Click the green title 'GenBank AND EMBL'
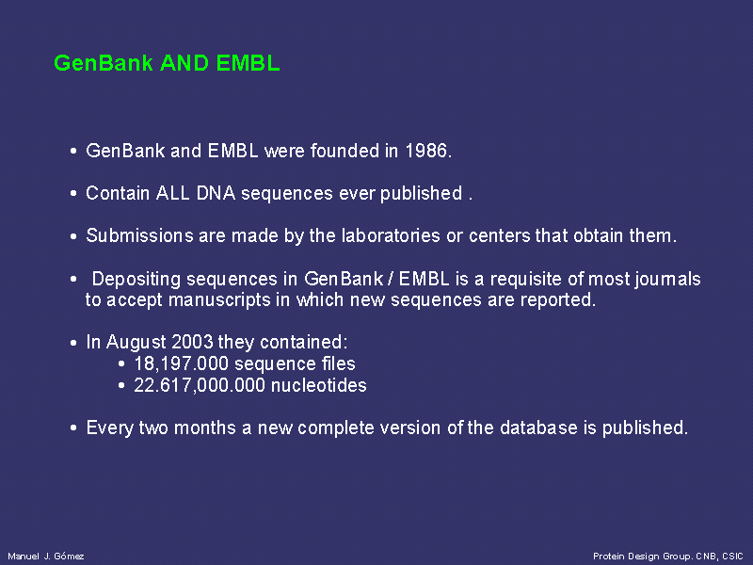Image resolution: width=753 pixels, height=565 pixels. click(167, 63)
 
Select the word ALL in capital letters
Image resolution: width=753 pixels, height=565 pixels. click(172, 193)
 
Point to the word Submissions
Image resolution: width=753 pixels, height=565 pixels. click(139, 235)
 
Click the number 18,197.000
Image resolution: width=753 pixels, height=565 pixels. click(181, 363)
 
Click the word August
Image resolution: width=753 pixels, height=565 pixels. click(136, 343)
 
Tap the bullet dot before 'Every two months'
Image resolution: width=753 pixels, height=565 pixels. click(73, 428)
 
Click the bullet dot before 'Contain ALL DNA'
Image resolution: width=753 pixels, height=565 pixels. click(73, 194)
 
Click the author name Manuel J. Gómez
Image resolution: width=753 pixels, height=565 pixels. click(46, 557)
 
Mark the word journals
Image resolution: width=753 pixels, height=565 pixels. click(668, 279)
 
